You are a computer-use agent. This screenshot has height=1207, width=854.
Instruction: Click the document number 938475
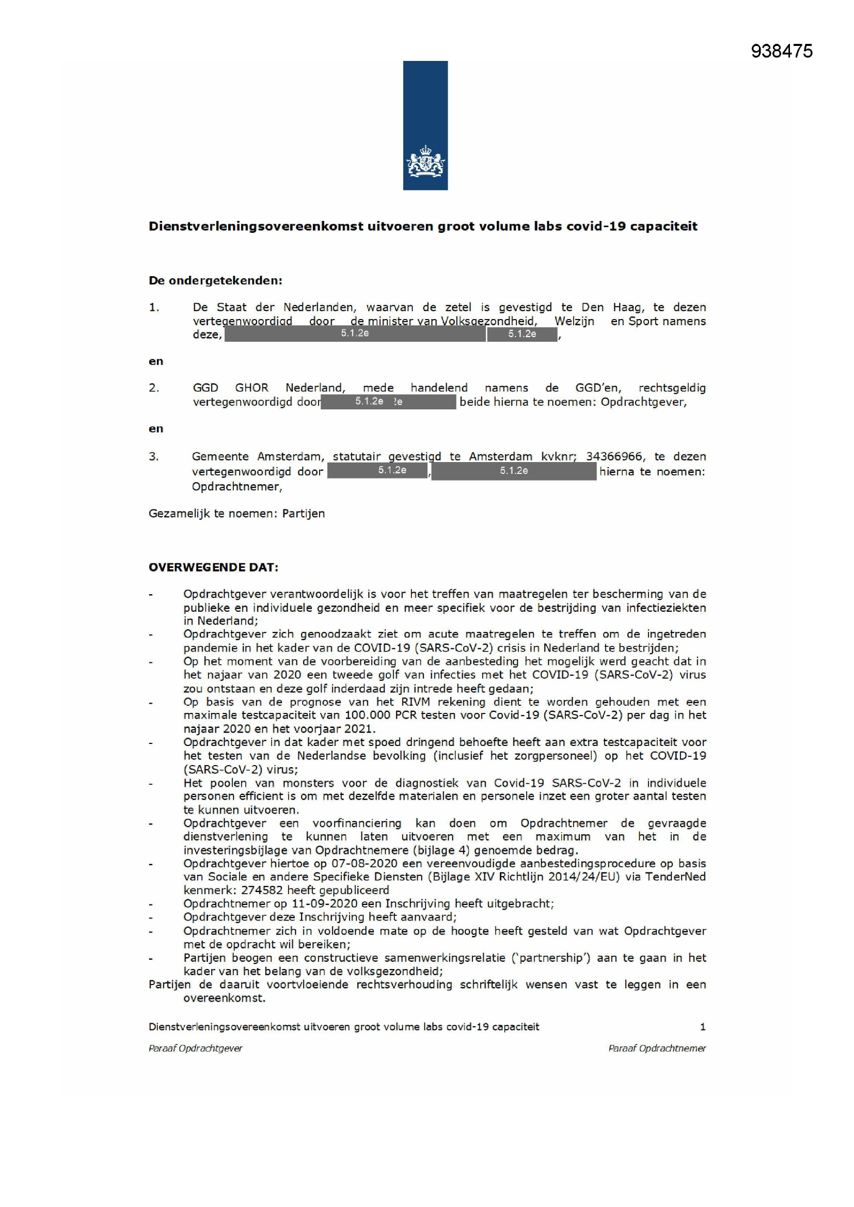point(781,51)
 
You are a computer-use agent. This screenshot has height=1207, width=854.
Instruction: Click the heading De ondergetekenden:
point(216,281)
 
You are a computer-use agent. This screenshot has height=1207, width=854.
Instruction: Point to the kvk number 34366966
point(614,456)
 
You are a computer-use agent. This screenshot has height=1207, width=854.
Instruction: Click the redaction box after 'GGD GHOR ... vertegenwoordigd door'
point(388,402)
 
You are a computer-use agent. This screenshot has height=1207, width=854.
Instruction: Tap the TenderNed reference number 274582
point(262,890)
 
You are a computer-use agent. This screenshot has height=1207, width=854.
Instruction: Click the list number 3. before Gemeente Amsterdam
point(153,456)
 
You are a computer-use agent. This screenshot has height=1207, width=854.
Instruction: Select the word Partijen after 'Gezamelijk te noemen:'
point(304,514)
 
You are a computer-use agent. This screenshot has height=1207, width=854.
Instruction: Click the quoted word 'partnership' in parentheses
point(550,958)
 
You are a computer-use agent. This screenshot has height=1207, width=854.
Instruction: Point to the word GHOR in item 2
point(251,388)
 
